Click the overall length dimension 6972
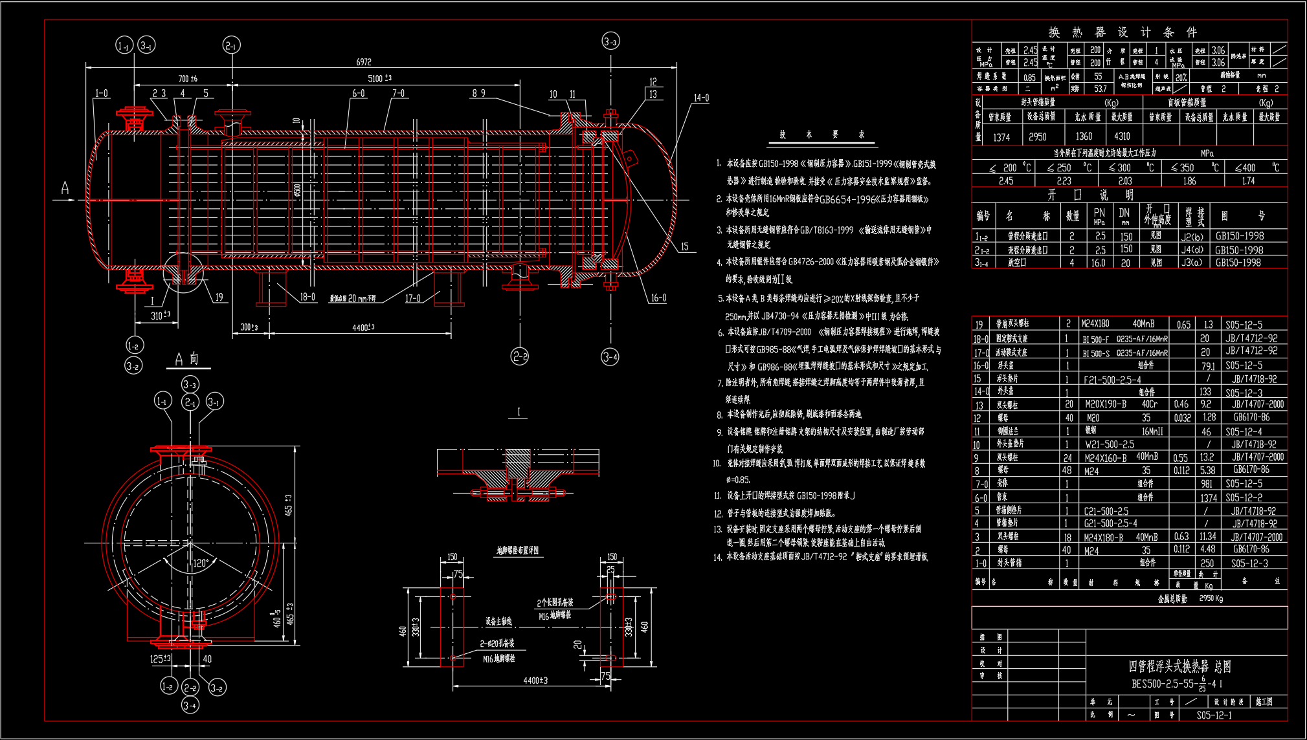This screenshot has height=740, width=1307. point(364,62)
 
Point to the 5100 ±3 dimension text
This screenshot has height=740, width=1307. point(379,78)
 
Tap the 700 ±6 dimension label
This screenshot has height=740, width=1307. point(188,79)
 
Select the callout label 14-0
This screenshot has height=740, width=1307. point(701,98)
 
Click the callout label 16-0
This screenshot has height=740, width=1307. point(658,298)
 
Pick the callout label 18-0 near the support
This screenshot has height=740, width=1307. point(307,297)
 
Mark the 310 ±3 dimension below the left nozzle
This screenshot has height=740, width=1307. point(160,316)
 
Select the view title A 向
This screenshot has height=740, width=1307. point(187,359)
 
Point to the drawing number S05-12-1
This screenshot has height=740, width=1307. point(1214,715)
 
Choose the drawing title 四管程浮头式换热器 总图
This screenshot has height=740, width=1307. point(1179,666)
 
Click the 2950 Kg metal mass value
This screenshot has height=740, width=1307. point(1211,598)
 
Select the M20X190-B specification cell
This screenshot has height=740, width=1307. point(1106,404)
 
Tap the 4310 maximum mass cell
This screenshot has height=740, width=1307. point(1122,136)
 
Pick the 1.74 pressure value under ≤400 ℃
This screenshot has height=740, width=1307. point(1248,181)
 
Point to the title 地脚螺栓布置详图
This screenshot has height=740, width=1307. point(517,550)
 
